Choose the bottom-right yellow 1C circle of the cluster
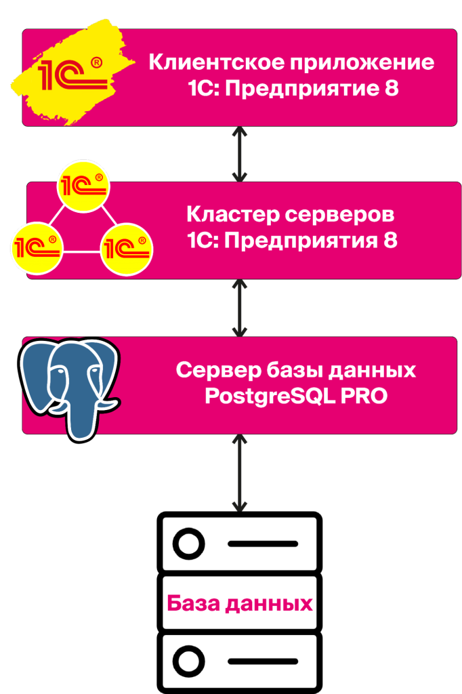127,247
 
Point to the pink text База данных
240,603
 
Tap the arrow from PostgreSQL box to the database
239,474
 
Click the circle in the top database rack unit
188,544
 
